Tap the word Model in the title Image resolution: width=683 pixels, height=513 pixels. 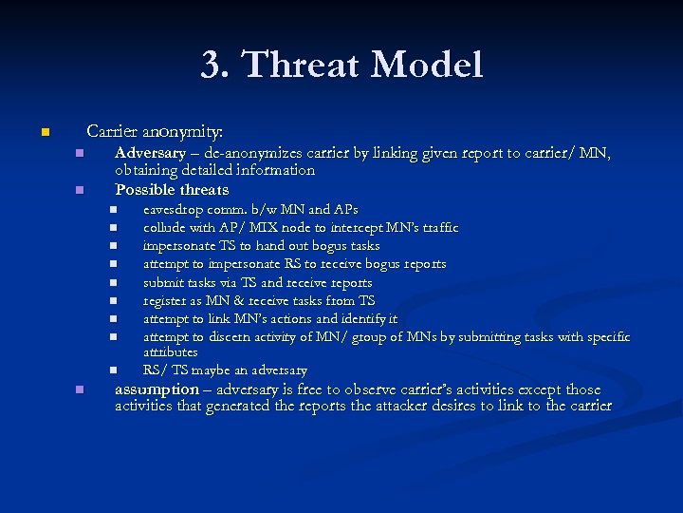(428, 66)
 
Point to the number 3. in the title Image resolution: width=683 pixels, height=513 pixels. (216, 66)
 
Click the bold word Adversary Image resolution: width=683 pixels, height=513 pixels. (150, 153)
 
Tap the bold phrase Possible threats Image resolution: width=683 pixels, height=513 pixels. (172, 190)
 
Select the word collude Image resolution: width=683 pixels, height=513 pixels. (164, 228)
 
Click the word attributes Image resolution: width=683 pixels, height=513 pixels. (170, 352)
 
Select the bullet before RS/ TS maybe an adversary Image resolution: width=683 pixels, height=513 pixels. (111, 370)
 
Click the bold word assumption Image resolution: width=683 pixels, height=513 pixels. (157, 389)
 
